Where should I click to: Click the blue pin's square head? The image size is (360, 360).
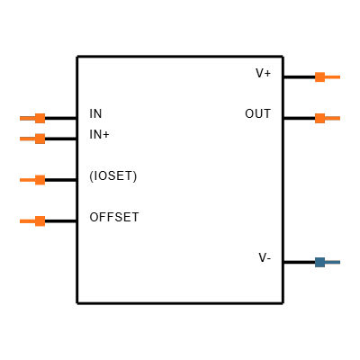pyautogui.click(x=319, y=262)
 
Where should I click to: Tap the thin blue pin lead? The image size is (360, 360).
pyautogui.click(x=333, y=262)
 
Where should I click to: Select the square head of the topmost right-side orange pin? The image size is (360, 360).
pyautogui.click(x=319, y=76)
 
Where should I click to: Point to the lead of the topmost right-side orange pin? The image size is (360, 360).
pyautogui.click(x=333, y=76)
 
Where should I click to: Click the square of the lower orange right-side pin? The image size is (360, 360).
pyautogui.click(x=319, y=118)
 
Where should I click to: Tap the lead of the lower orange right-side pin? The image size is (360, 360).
pyautogui.click(x=333, y=118)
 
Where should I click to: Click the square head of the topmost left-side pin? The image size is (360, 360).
pyautogui.click(x=40, y=118)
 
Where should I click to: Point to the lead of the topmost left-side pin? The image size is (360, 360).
pyautogui.click(x=27, y=118)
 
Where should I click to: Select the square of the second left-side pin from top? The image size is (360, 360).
pyautogui.click(x=40, y=139)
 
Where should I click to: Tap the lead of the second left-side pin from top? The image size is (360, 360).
pyautogui.click(x=27, y=139)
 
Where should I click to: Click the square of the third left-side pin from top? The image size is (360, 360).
pyautogui.click(x=40, y=180)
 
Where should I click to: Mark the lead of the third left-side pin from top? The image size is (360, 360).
pyautogui.click(x=27, y=180)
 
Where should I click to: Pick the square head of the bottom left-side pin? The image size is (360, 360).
pyautogui.click(x=40, y=220)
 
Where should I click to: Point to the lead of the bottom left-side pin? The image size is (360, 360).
pyautogui.click(x=27, y=220)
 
